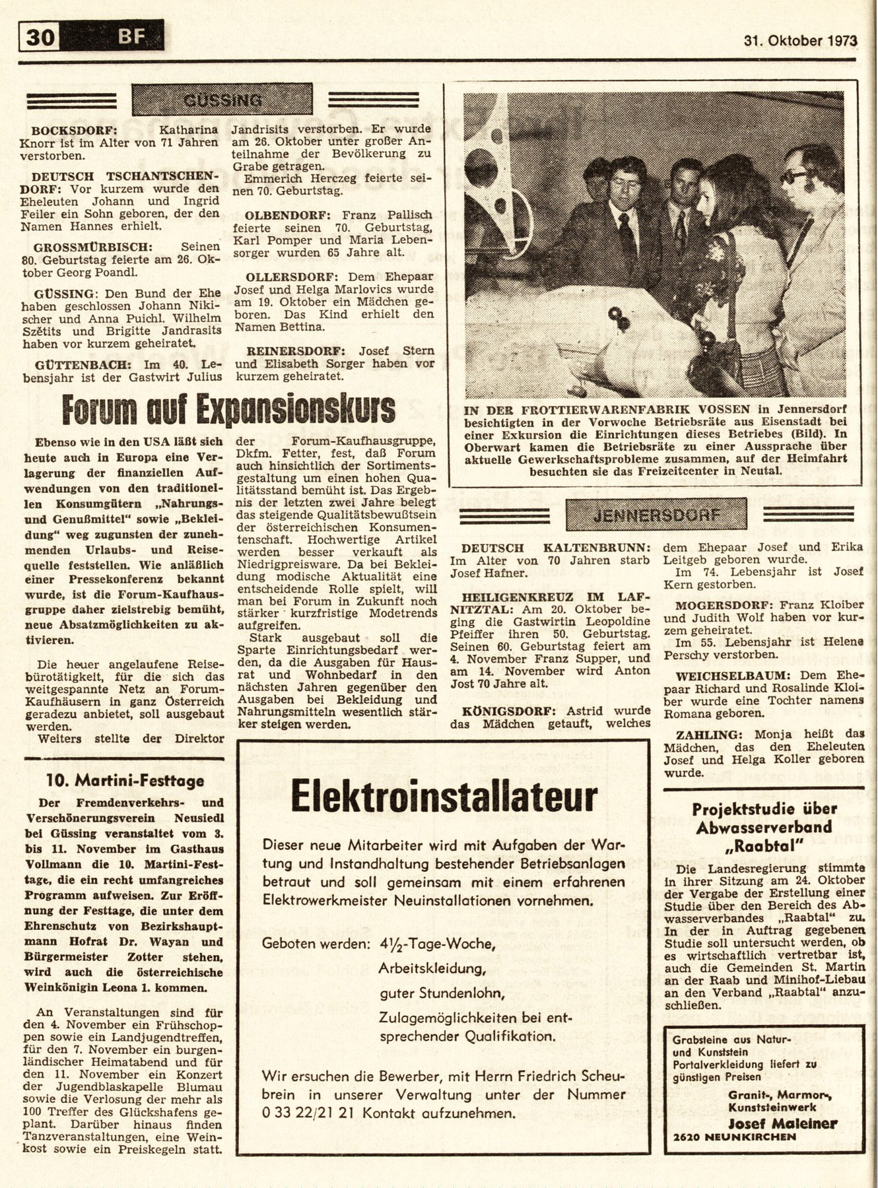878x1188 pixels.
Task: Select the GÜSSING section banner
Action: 222,100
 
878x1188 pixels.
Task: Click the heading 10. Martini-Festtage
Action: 125,781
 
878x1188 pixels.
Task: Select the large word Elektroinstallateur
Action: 444,798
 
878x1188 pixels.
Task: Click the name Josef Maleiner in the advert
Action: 782,1124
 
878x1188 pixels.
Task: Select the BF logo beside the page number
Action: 131,37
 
